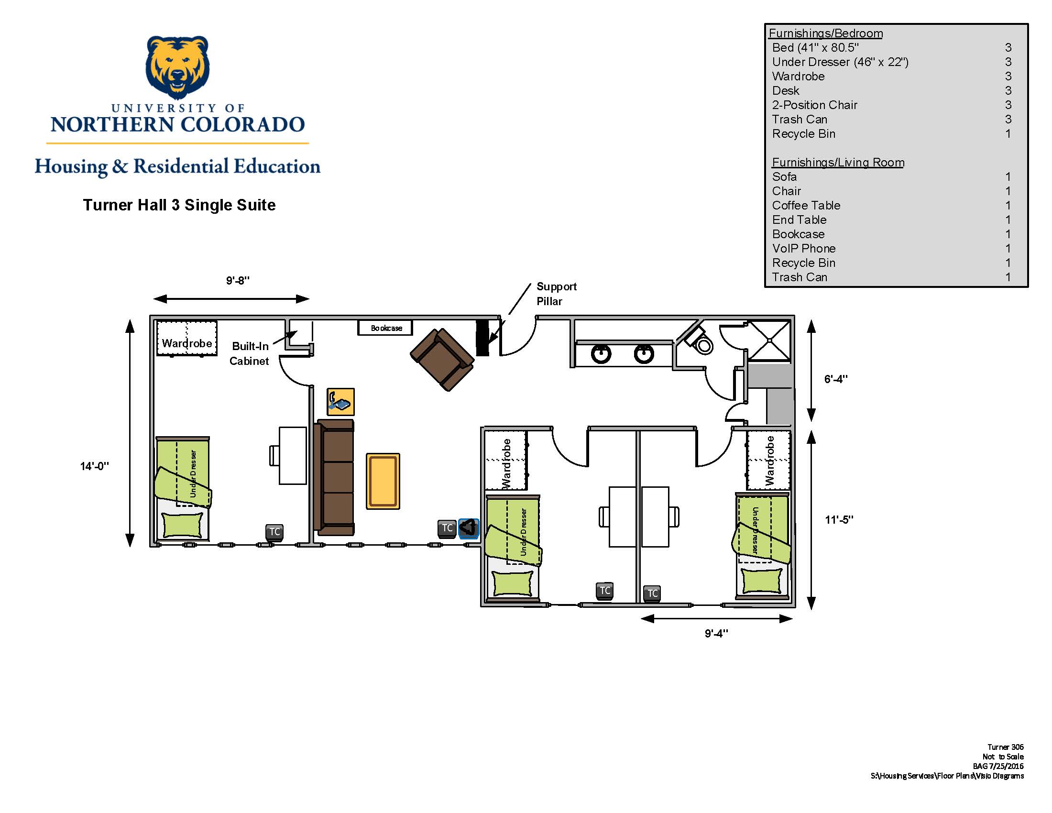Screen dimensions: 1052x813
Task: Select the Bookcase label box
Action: pyautogui.click(x=385, y=328)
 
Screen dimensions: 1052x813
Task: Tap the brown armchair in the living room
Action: pyautogui.click(x=442, y=359)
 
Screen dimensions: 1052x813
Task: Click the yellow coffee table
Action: pyautogui.click(x=383, y=481)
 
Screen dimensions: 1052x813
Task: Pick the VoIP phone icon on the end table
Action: pyautogui.click(x=340, y=402)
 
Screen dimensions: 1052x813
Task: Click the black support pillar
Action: pyautogui.click(x=482, y=338)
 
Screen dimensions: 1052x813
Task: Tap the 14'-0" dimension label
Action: pyautogui.click(x=94, y=466)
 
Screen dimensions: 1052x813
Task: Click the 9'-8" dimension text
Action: pyautogui.click(x=238, y=280)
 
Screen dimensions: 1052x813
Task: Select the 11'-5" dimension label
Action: pyautogui.click(x=839, y=520)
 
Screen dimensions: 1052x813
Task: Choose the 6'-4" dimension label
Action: pyautogui.click(x=836, y=379)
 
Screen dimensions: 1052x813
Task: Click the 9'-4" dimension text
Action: pyautogui.click(x=716, y=633)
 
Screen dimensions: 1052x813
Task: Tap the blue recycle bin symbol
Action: pyautogui.click(x=469, y=528)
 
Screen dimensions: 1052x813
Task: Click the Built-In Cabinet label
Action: pyautogui.click(x=250, y=353)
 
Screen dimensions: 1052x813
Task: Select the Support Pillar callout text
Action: pyautogui.click(x=556, y=294)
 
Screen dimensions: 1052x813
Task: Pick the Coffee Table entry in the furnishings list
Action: pyautogui.click(x=806, y=206)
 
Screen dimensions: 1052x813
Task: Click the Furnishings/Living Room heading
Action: pyautogui.click(x=838, y=162)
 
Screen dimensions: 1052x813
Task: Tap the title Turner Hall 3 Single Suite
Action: pyautogui.click(x=179, y=205)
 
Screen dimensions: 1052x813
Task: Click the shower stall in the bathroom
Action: pyautogui.click(x=769, y=341)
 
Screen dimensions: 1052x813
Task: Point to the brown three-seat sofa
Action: pyautogui.click(x=334, y=477)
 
